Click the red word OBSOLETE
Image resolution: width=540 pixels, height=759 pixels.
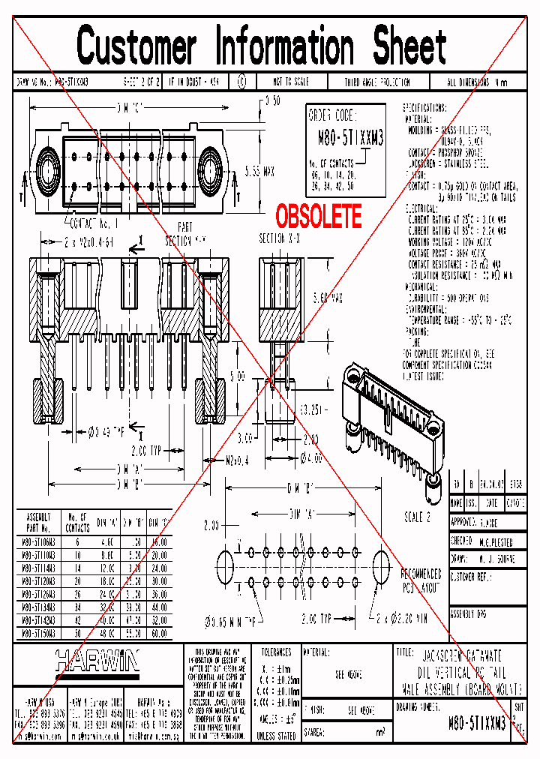click(319, 217)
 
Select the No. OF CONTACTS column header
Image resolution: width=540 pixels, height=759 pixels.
click(78, 520)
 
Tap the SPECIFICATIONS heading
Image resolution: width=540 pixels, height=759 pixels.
click(424, 108)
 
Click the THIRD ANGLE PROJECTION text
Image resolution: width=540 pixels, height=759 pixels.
click(377, 82)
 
